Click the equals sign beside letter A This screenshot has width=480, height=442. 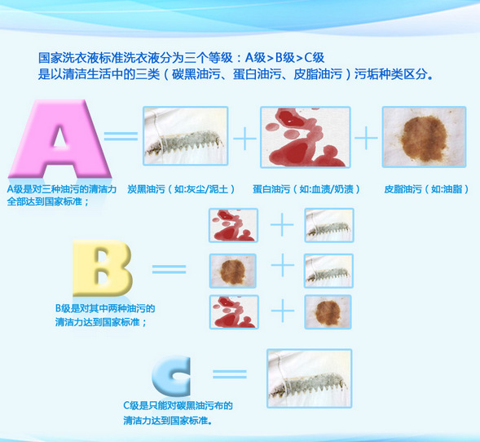coord(121,136)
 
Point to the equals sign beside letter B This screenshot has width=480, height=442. coord(169,269)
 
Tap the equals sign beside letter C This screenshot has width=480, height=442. coord(230,374)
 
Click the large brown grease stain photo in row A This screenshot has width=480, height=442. coord(424,137)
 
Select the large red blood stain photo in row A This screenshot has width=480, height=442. coord(306,137)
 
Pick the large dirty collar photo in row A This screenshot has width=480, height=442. coord(186,136)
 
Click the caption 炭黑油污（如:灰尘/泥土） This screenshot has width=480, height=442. coord(181,189)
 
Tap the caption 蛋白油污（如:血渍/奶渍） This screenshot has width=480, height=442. coord(306,189)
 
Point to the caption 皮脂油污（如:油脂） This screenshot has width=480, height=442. coord(426,189)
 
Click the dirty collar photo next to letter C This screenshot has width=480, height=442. coord(310,378)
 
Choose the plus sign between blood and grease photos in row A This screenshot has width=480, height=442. coord(366,138)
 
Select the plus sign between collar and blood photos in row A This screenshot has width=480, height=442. coord(244,139)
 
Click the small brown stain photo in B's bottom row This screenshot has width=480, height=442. coord(328,312)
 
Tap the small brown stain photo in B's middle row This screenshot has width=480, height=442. coord(232,271)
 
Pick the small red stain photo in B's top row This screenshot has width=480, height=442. coord(233,225)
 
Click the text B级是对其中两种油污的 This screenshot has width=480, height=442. coord(105,308)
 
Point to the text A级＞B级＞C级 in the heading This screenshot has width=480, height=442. coord(284,58)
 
